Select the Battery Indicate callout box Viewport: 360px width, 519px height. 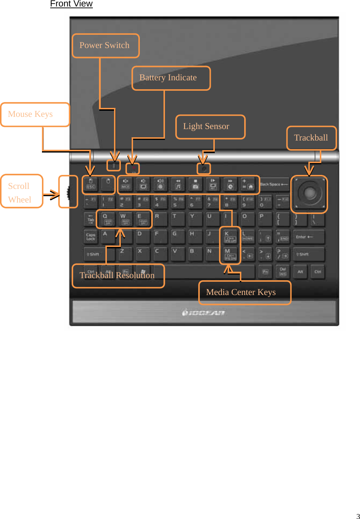[x=171, y=78]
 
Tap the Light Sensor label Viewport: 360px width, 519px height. [x=210, y=127]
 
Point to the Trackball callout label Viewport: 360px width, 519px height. [x=311, y=138]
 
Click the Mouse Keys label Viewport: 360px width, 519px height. [x=35, y=114]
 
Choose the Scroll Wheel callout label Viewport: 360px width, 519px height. [x=22, y=191]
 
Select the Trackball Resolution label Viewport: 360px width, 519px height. [x=118, y=275]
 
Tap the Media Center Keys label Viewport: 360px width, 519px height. [x=245, y=292]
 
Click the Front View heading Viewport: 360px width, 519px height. [x=71, y=4]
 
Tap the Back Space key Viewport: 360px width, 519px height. [x=274, y=184]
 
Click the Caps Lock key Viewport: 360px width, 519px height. [x=91, y=237]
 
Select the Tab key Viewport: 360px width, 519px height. [x=90, y=219]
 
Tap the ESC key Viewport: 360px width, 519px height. [x=91, y=184]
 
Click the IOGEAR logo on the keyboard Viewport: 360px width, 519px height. [x=203, y=313]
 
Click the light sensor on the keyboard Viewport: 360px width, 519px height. [x=204, y=168]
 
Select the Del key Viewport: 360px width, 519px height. [x=283, y=272]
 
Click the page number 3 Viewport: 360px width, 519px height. [x=357, y=516]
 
